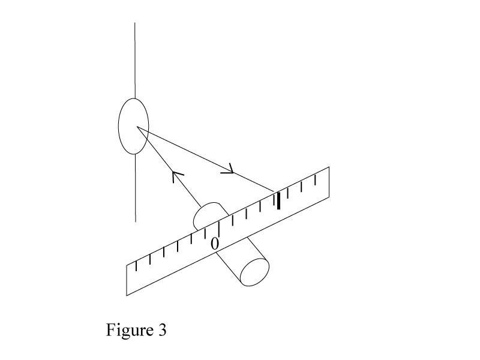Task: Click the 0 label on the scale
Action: pos(214,243)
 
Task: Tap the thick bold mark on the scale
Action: pos(278,201)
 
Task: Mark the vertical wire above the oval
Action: pos(134,60)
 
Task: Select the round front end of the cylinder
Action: pos(254,272)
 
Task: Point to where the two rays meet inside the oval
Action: pos(137,127)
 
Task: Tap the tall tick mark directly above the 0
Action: pos(220,229)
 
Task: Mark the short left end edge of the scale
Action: pos(127,280)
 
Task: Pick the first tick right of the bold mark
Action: pos(289,193)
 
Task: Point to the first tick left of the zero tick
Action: pos(205,236)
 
